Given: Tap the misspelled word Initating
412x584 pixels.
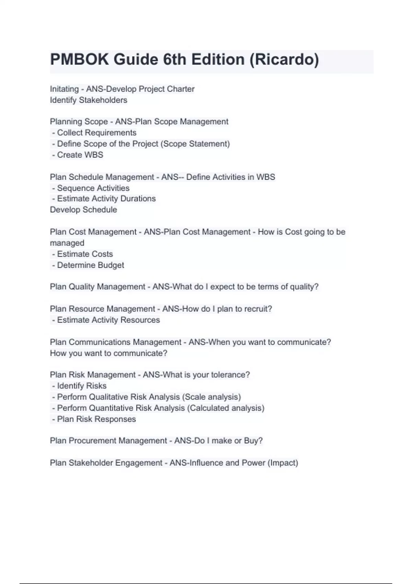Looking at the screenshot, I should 64,89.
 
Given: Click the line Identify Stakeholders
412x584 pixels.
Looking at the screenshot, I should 89,100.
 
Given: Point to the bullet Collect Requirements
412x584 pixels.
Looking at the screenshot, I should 96,133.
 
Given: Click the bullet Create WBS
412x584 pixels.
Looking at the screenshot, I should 80,155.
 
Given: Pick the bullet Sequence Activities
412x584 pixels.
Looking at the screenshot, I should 93,188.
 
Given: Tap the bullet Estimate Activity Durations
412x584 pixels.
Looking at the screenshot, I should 106,199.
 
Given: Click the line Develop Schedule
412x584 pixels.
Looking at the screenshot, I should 83,210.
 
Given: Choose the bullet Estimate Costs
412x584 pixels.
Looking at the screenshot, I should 85,254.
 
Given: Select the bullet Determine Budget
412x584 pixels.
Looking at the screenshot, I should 90,265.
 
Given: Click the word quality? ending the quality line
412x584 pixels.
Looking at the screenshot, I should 304,287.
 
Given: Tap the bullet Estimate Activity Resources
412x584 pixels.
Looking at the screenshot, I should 108,320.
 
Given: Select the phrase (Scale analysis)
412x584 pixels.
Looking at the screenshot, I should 211,397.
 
